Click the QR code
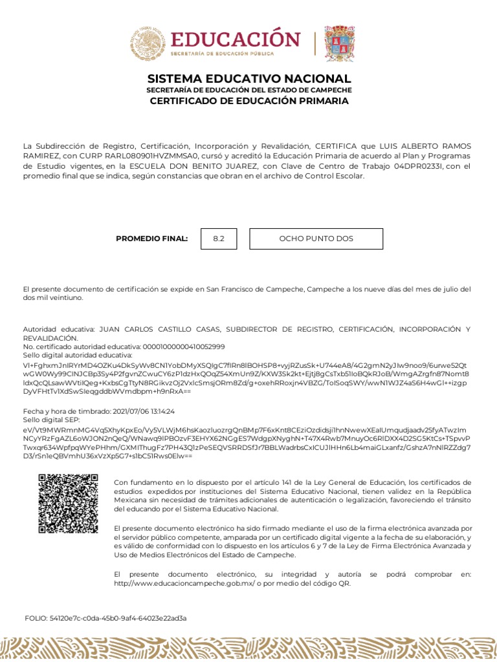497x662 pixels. [68, 504]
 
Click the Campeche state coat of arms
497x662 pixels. [339, 43]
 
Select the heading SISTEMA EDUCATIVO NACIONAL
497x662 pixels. [249, 79]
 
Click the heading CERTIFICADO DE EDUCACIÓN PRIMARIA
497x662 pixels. [249, 101]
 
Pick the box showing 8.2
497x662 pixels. [219, 239]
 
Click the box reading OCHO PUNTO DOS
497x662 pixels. [316, 239]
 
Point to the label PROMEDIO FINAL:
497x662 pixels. [151, 239]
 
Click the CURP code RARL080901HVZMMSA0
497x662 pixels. [144, 156]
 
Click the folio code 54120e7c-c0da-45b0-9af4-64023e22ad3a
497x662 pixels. [118, 618]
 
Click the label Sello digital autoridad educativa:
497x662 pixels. [78, 355]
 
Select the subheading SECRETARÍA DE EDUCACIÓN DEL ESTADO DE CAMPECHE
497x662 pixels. [249, 90]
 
